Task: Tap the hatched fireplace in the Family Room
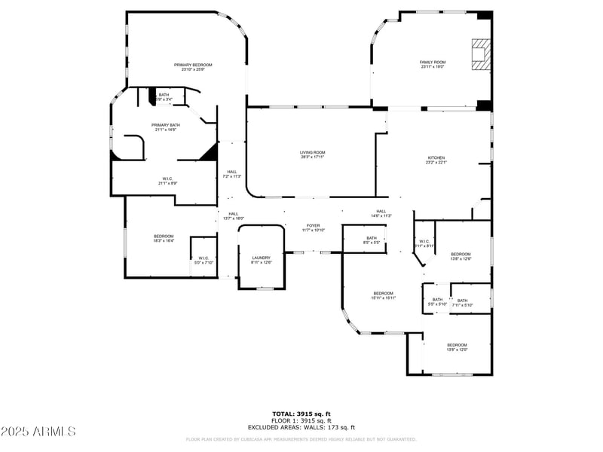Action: click(480, 54)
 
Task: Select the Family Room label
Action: click(433, 64)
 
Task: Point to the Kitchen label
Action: click(436, 160)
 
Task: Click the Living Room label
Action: click(312, 154)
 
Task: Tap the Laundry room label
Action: click(261, 260)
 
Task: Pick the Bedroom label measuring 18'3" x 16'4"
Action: click(164, 238)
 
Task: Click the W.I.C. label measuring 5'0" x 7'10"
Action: click(204, 260)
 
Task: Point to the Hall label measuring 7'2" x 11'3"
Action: click(232, 173)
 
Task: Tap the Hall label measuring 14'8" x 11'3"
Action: click(381, 213)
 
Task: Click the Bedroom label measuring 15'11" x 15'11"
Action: click(383, 295)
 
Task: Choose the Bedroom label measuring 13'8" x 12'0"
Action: click(458, 347)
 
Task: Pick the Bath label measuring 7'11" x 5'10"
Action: click(462, 302)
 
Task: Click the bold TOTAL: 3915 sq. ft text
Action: click(301, 414)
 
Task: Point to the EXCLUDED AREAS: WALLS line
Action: click(301, 427)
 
